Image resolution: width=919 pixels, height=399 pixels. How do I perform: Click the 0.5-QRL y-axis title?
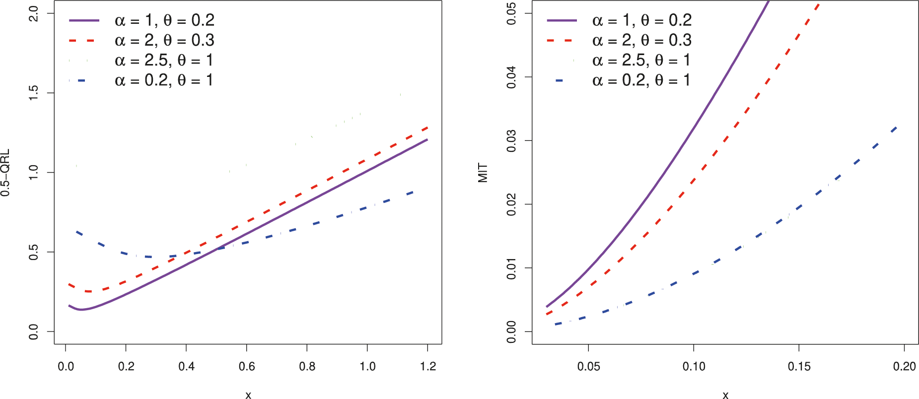5,173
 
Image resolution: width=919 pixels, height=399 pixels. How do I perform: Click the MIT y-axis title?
483,173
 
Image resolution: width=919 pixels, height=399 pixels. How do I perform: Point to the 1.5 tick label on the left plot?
33,93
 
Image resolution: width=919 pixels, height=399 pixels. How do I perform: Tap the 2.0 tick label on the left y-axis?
33,13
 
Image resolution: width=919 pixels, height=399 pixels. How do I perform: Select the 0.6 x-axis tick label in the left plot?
247,367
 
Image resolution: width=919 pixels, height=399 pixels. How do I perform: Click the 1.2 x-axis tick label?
427,367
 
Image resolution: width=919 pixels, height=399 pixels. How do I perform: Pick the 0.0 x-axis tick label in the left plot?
66,367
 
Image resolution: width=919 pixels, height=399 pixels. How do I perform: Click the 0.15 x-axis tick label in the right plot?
799,367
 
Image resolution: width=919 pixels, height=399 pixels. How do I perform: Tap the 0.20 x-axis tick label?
904,367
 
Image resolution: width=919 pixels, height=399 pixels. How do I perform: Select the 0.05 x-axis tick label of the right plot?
588,367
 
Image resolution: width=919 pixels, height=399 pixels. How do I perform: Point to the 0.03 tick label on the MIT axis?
511,140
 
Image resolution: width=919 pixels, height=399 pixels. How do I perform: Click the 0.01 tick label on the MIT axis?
511,268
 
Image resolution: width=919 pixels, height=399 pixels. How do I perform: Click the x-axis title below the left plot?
248,395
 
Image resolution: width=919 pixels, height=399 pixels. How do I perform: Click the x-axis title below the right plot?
725,395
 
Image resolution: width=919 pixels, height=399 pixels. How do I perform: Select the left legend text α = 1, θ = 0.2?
164,20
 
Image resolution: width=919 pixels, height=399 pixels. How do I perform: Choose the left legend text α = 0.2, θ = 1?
164,80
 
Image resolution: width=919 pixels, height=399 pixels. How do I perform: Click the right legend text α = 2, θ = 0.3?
641,40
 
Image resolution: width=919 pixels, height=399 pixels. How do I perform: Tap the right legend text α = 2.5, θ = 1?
641,61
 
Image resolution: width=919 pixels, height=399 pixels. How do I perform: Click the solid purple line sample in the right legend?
562,20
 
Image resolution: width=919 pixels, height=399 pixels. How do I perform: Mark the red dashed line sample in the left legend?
84,41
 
